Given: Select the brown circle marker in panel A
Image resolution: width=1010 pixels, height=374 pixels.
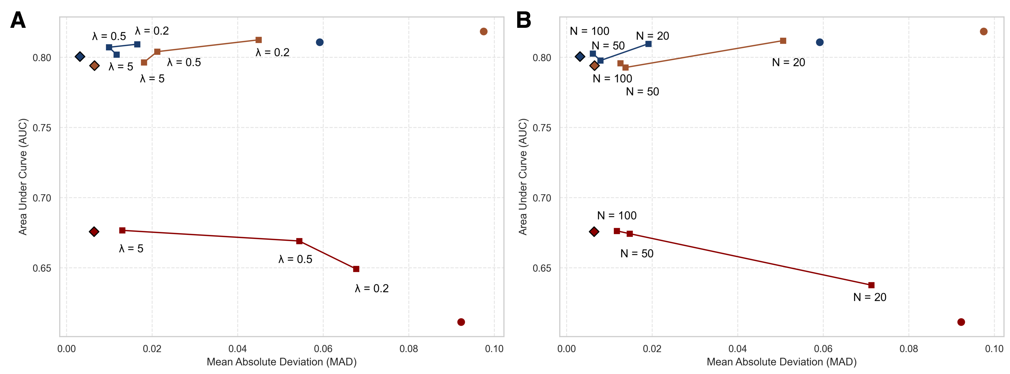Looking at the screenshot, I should coord(483,31).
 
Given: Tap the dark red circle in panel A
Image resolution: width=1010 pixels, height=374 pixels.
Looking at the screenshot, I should coord(461,322).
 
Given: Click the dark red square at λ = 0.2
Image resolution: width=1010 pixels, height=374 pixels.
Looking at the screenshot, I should coord(356,269).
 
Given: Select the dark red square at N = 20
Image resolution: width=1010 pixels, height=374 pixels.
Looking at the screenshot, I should coord(871,285).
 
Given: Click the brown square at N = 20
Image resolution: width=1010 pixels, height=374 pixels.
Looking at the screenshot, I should coord(783,41).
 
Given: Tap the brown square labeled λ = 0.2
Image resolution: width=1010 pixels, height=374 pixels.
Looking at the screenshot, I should coord(258,40).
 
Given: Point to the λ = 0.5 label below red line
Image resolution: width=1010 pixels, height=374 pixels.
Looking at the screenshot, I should coord(295,259).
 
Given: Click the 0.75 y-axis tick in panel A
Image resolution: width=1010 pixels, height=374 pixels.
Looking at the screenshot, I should coord(42,128).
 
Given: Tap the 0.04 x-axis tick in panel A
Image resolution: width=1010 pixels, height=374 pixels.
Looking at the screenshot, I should coord(238,349).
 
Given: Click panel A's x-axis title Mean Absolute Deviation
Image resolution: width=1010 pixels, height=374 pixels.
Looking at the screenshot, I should coord(282,362).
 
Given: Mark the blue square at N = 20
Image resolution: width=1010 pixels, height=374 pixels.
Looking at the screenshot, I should coord(649,44).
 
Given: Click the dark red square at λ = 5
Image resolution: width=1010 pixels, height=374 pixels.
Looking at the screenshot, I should coord(122,231).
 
